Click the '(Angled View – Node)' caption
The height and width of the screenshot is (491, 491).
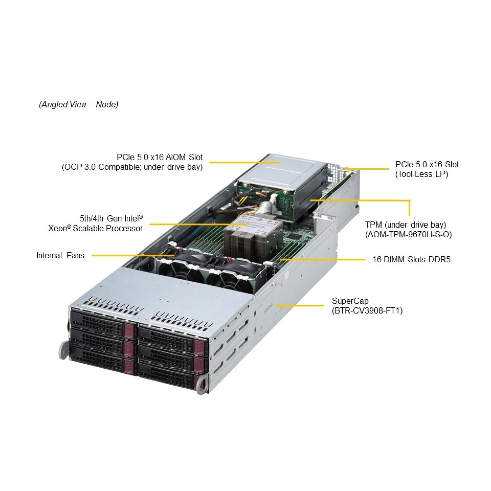click(79, 105)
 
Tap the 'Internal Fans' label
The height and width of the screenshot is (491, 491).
click(60, 255)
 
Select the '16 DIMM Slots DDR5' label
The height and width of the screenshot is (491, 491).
click(411, 260)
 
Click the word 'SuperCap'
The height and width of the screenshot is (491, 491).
click(350, 301)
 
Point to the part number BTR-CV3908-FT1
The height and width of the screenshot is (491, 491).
click(367, 311)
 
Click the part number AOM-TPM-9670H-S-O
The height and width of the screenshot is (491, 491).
click(408, 235)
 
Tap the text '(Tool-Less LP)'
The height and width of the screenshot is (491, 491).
click(422, 174)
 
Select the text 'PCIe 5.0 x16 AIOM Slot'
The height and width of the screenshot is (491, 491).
click(160, 157)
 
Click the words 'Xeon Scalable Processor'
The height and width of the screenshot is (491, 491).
click(95, 228)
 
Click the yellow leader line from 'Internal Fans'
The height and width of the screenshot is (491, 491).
click(133, 255)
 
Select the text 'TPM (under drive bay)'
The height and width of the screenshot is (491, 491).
click(406, 225)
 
